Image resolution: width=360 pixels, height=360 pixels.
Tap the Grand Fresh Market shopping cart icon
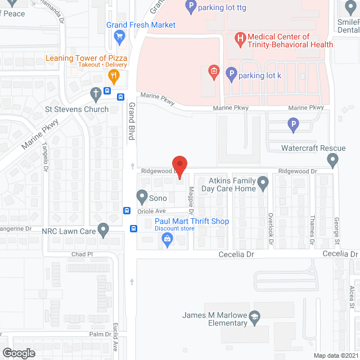(x=119, y=37)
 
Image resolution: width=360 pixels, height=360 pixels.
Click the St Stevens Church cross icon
(x=96, y=93)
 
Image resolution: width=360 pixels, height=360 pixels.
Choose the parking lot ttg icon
(x=190, y=7)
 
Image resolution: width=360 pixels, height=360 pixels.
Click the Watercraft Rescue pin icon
(x=333, y=161)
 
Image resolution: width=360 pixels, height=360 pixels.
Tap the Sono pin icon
(x=142, y=197)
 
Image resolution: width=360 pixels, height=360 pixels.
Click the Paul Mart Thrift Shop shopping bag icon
(x=167, y=239)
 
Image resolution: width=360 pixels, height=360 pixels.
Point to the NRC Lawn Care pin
(x=102, y=229)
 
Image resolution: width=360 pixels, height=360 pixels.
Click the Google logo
(x=18, y=353)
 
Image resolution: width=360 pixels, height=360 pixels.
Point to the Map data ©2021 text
(x=335, y=355)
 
